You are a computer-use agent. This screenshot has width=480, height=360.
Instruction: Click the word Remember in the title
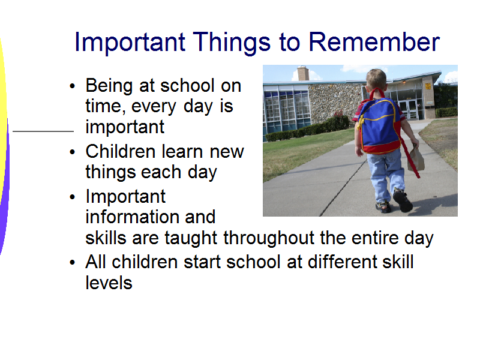[374, 42]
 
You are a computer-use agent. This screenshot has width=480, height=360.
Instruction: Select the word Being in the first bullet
[109, 86]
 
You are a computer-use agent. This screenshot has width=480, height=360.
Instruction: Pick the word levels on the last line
[109, 283]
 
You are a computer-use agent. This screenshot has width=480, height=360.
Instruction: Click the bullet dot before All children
[72, 263]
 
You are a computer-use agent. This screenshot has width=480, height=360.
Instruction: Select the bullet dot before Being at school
[72, 86]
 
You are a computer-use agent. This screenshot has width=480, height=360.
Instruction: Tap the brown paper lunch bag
[416, 158]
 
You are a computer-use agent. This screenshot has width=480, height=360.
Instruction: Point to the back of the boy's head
[376, 79]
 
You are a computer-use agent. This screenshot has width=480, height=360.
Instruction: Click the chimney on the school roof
[303, 73]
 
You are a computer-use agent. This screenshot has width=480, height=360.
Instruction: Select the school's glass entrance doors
[409, 109]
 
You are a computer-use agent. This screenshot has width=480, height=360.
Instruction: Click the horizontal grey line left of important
[43, 131]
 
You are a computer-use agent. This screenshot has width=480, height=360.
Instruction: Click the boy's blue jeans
[386, 175]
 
